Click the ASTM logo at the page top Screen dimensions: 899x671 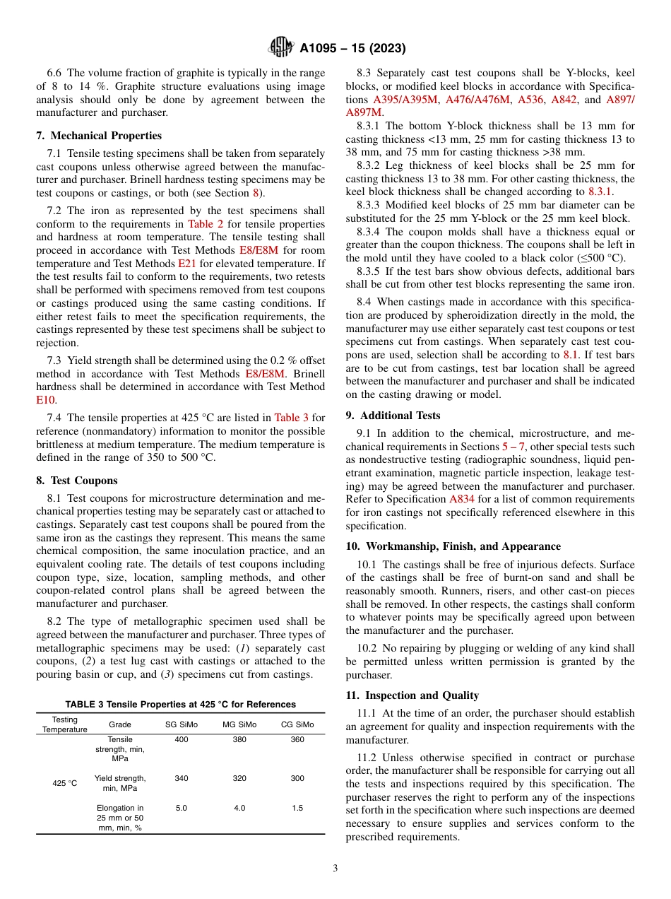tap(281, 48)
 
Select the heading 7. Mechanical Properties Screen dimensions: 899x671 tap(99, 135)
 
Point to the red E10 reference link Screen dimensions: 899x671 tap(45, 399)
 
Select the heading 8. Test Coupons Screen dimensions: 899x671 tap(83, 480)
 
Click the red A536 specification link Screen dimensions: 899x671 tap(530, 100)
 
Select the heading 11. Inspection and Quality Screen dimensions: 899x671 tap(412, 695)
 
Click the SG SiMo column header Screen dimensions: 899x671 tap(182, 724)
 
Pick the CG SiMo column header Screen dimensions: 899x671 tap(297, 724)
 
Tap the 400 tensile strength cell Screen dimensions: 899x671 tap(182, 739)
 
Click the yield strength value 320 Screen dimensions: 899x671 tap(239, 778)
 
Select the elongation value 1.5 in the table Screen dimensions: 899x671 tap(297, 808)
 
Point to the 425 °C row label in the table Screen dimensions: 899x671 tap(64, 783)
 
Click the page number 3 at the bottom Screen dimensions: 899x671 tap(335, 869)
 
